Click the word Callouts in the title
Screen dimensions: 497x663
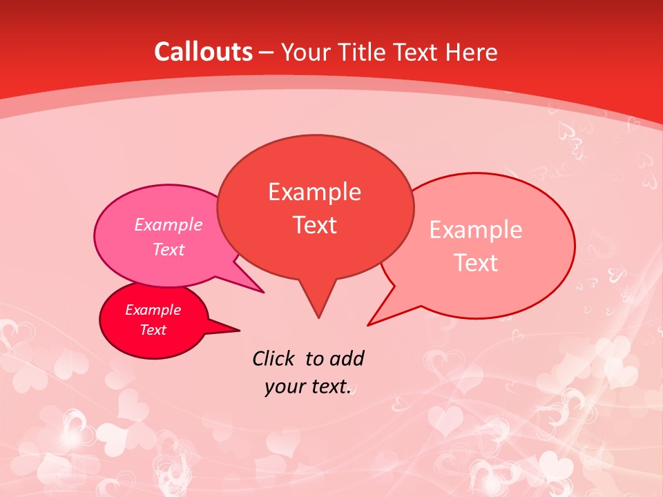pos(203,52)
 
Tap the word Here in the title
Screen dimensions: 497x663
pos(471,52)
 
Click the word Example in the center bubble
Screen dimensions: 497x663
pos(314,192)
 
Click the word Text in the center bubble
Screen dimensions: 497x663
pos(314,225)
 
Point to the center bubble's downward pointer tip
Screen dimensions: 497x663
pos(318,318)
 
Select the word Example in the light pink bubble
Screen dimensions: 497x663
pos(476,230)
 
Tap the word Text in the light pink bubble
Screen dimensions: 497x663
pos(476,263)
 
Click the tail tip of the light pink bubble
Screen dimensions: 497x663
pos(368,324)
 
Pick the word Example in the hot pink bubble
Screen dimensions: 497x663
pos(169,224)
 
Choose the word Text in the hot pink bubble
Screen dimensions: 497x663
pos(169,249)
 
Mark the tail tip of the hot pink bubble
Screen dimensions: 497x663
pos(264,293)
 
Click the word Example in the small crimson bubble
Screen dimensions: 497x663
pos(153,310)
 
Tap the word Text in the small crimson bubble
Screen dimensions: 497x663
pos(153,330)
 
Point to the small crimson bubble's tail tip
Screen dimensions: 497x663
pos(240,330)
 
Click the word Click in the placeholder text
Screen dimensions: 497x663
pos(273,358)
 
